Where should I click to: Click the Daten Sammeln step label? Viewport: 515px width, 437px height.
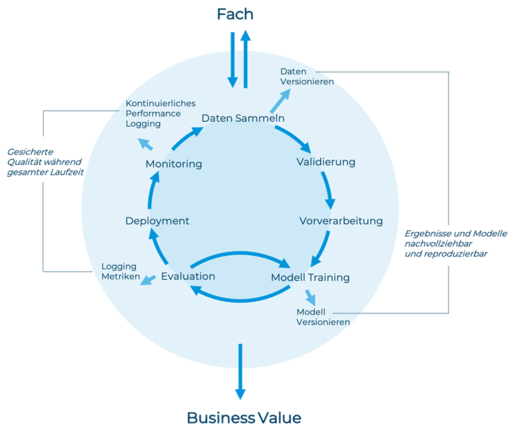pos(243,118)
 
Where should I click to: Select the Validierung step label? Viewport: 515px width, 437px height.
pos(326,162)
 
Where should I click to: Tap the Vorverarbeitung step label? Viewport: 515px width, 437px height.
pos(341,221)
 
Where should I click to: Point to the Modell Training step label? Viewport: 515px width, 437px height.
pos(310,277)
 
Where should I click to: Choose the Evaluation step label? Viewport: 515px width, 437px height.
pos(188,276)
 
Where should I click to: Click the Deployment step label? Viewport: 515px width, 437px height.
pos(157,221)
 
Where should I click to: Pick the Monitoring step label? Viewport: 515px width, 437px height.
pos(174,164)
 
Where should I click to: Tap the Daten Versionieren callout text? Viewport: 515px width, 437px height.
pos(307,77)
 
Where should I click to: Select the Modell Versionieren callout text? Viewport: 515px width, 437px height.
pos(323,317)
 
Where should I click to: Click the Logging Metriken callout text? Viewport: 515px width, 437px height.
pos(120,271)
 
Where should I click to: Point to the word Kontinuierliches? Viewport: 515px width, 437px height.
pos(160,103)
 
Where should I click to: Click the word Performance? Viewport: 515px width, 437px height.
pos(153,114)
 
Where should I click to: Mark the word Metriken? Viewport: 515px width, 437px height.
pos(120,276)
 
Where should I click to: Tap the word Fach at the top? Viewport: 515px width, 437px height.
pos(234,14)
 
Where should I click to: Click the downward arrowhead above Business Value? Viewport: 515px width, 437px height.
pos(240,395)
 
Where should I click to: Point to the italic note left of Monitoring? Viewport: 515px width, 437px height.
pos(44,162)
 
